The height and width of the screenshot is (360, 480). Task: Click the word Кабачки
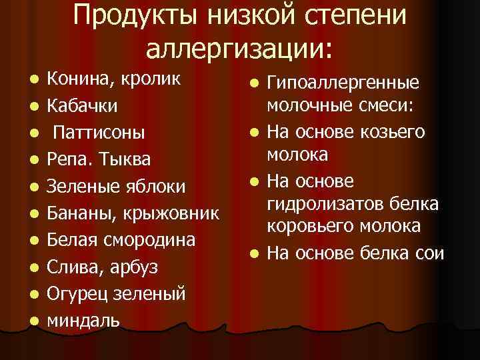coord(83,106)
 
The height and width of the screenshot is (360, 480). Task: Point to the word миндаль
coord(83,320)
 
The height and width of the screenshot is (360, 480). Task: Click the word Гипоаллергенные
coord(343,83)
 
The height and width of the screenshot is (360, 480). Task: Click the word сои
coord(429,253)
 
